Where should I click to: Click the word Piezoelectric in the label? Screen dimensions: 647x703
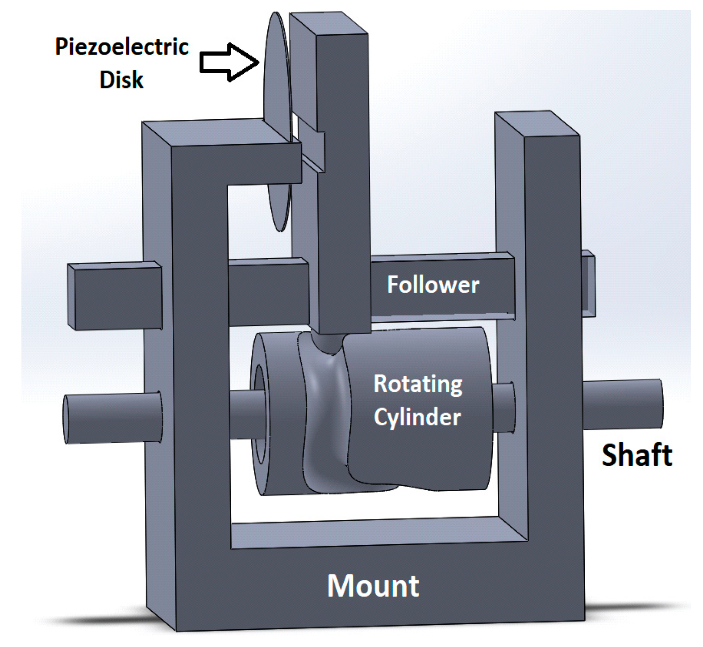coord(121,47)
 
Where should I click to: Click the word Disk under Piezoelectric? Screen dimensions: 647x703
coord(121,80)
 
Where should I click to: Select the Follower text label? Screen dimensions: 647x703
coord(433,285)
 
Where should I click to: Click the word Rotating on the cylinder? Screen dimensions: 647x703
coord(418,384)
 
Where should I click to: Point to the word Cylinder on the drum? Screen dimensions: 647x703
coord(417,417)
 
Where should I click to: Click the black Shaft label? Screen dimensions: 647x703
coord(636,455)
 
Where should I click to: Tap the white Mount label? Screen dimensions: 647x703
coord(373,586)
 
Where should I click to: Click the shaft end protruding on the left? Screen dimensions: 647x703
coord(112,418)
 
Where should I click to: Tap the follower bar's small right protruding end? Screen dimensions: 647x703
coord(588,283)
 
